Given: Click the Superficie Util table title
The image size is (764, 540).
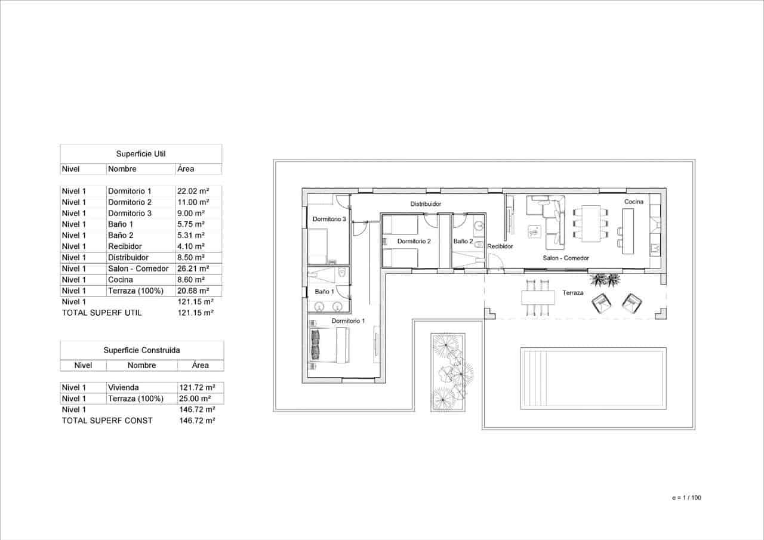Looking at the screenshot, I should (x=141, y=154).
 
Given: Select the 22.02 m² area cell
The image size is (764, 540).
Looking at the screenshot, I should (x=192, y=192).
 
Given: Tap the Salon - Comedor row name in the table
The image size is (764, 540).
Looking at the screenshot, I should (x=138, y=269).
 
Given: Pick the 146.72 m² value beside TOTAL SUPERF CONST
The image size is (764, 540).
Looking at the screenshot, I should (x=197, y=420).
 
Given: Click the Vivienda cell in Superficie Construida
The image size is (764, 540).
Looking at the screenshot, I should (x=123, y=387).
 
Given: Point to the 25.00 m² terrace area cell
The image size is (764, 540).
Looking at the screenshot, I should (x=196, y=398).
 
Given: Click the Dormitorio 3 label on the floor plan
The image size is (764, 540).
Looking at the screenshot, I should (x=329, y=219).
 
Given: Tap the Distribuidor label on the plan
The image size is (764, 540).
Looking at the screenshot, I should (x=426, y=204).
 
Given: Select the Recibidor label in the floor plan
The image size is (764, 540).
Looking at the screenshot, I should (x=500, y=246).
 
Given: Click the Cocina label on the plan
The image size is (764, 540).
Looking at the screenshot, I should (x=634, y=202).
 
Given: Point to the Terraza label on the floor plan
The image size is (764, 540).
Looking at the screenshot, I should (x=572, y=293).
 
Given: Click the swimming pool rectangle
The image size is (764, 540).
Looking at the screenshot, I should (x=593, y=378).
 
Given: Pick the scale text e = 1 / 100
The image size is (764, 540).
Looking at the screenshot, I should (x=686, y=497).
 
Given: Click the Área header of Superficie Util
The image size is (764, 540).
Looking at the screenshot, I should (x=186, y=169).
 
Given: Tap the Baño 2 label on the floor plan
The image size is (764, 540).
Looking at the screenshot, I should (x=463, y=241).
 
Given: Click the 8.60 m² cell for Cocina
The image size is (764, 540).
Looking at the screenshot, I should (x=191, y=279).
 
